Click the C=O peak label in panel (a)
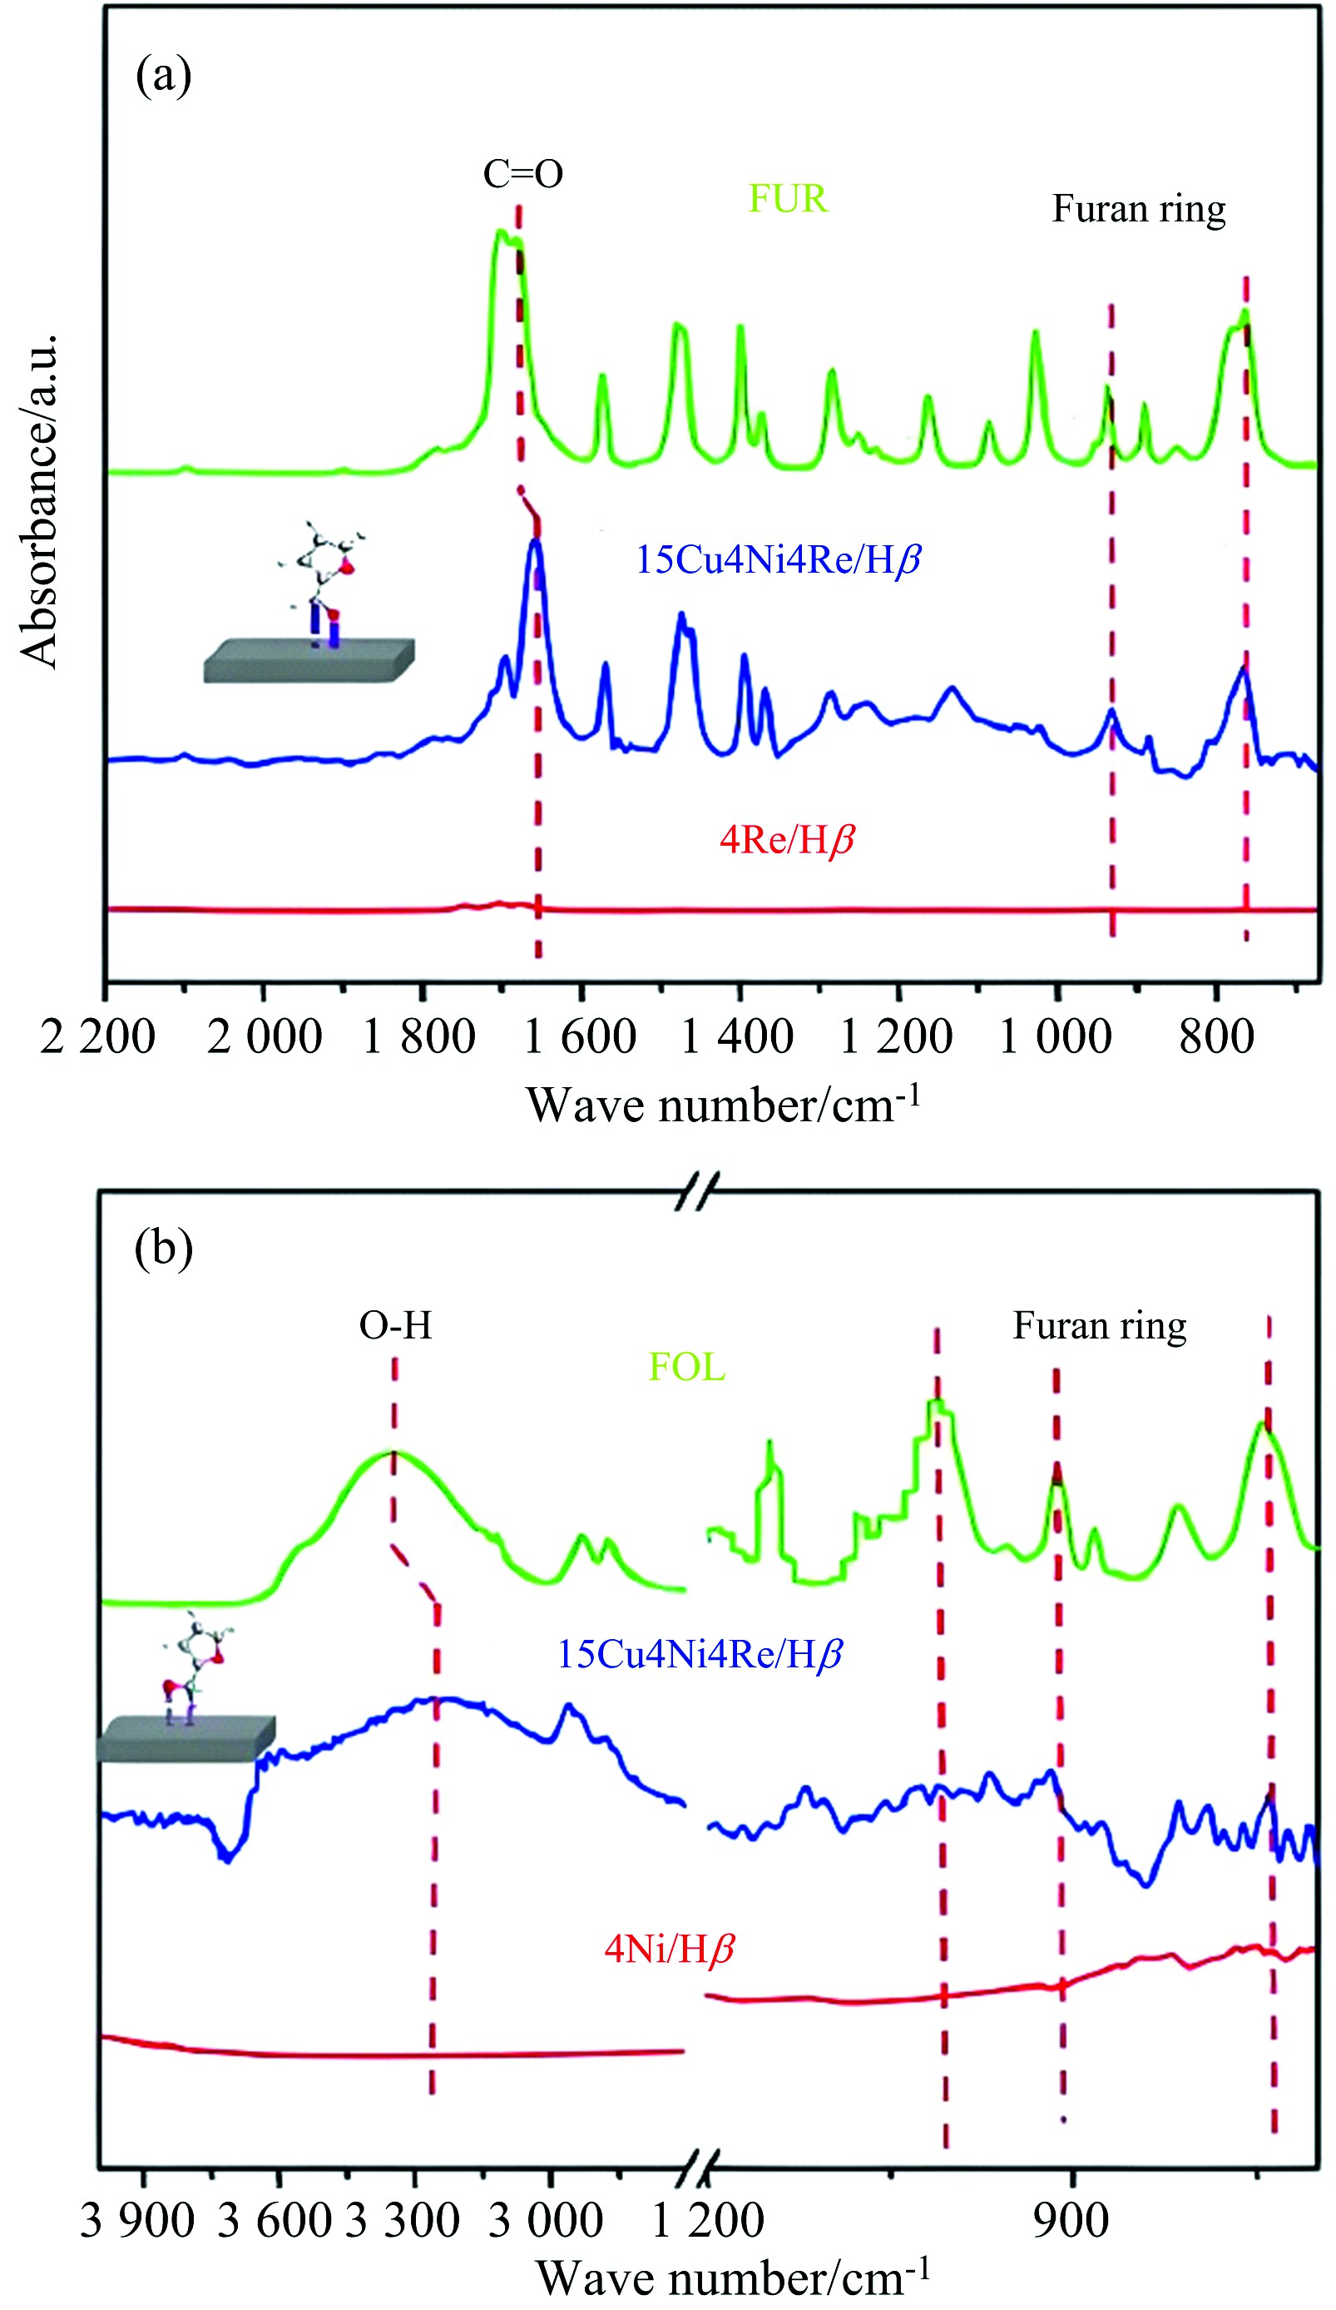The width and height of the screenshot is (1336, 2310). click(522, 173)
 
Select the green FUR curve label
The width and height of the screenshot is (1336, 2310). click(788, 199)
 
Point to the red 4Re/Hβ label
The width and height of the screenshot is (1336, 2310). click(787, 839)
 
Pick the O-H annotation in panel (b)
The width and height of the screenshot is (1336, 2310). click(395, 1325)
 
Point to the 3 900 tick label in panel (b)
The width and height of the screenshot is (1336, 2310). click(137, 2220)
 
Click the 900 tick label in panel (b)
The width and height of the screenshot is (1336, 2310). click(1071, 2220)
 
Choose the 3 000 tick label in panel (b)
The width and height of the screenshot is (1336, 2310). click(545, 2220)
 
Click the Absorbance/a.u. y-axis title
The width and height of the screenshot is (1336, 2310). click(38, 500)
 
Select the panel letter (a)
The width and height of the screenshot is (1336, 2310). click(163, 75)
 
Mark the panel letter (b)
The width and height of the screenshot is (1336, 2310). click(163, 1248)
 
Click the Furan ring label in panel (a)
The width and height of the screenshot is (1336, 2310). click(1138, 209)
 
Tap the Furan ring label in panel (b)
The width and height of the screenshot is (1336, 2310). click(1099, 1325)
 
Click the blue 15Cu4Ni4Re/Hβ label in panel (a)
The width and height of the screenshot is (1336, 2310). click(778, 559)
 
